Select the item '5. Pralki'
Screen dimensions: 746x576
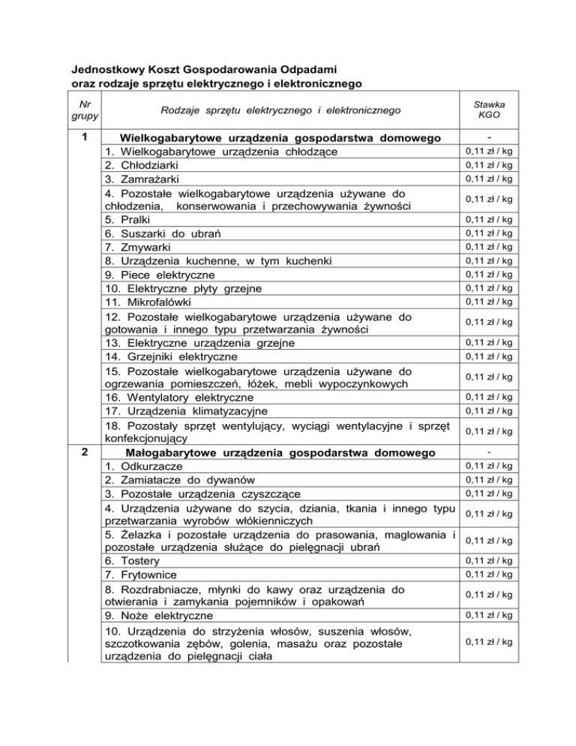coord(128,220)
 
